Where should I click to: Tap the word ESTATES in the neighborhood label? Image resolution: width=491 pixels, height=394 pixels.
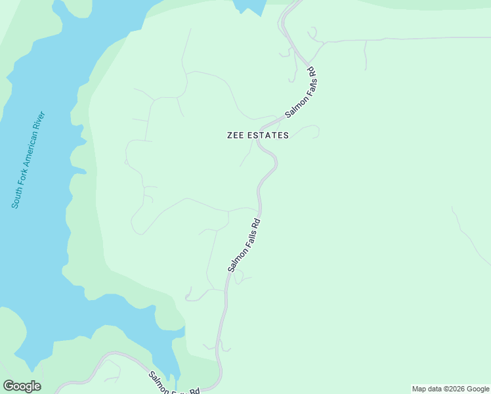[268, 135]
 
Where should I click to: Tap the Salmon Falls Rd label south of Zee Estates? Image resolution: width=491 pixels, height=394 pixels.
[244, 245]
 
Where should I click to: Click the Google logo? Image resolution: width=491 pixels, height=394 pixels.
[22, 386]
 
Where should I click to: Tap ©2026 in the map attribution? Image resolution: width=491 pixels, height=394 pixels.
[452, 389]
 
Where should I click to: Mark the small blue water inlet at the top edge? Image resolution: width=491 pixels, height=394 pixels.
[249, 7]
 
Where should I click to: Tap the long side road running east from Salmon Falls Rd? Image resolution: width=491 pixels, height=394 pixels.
[407, 39]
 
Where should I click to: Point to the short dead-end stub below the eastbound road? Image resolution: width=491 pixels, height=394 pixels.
[365, 56]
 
